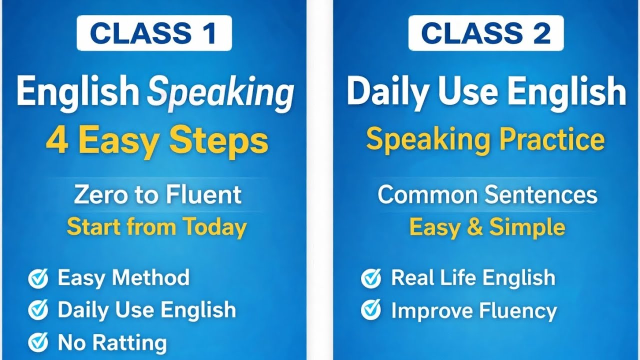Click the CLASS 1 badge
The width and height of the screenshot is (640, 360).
point(153,33)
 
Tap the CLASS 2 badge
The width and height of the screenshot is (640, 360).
point(485,33)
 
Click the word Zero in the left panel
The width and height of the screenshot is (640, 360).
point(95,195)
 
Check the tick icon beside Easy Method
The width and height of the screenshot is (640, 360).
point(38,278)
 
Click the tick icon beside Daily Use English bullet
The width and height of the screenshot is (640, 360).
point(38,310)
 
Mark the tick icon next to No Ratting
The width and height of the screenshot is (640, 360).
point(38,343)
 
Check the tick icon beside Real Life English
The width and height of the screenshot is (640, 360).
point(370,278)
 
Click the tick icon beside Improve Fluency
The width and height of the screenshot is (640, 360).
point(370,310)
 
